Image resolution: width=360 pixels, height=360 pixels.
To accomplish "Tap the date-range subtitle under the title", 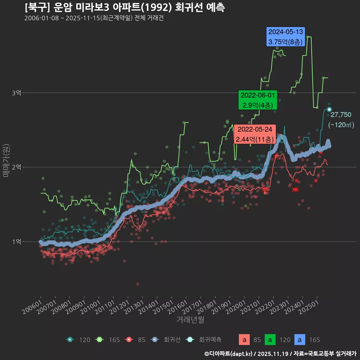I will pyautogui.click(x=94, y=18).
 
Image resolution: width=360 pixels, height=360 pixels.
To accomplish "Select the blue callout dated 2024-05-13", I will pyautogui.click(x=285, y=37).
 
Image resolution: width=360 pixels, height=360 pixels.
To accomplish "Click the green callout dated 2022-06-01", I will pyautogui.click(x=258, y=100).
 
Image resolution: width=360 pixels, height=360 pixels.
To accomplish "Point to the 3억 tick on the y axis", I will pyautogui.click(x=16, y=93).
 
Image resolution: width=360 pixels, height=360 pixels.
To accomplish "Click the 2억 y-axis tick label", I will pyautogui.click(x=16, y=167).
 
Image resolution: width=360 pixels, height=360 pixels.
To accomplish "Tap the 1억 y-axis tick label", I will pyautogui.click(x=16, y=242).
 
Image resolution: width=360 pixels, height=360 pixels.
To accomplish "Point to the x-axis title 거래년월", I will pyautogui.click(x=190, y=320).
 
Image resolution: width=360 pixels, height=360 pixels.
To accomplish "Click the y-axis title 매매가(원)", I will pyautogui.click(x=6, y=160).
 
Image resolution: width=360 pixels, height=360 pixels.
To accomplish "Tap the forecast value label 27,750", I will pyautogui.click(x=341, y=115).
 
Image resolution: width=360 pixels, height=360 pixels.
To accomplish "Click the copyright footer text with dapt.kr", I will pyautogui.click(x=280, y=354).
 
